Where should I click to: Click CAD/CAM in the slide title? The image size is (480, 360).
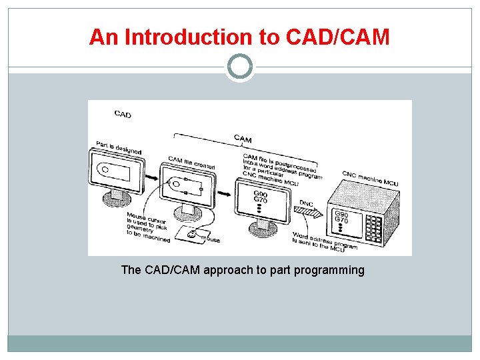(x=337, y=37)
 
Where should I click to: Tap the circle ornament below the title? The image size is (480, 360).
(x=240, y=67)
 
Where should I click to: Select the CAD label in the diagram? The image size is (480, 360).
(x=123, y=114)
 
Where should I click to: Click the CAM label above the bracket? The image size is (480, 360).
(x=243, y=138)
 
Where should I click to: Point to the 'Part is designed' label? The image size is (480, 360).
(x=119, y=147)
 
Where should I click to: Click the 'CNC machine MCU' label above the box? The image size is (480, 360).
(x=371, y=179)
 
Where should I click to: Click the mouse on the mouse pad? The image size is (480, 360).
(x=193, y=235)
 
